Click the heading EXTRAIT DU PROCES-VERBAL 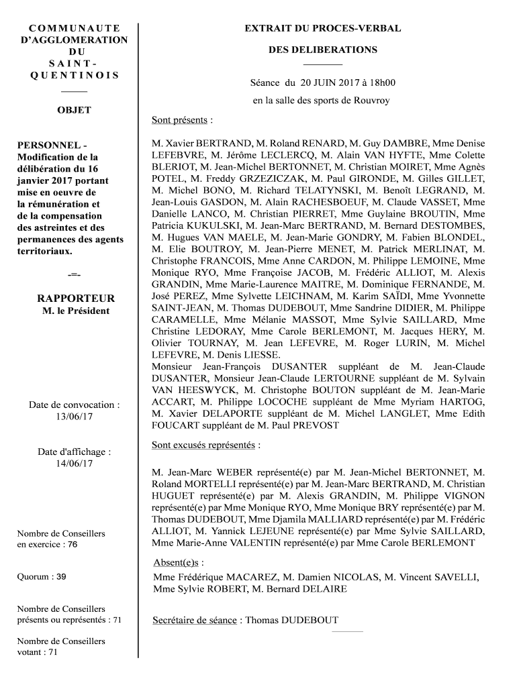pyautogui.click(x=322, y=28)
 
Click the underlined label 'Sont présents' pyautogui.click(x=179, y=121)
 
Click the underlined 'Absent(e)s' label pyautogui.click(x=178, y=562)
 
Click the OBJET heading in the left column pyautogui.click(x=74, y=110)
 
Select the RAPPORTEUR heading pyautogui.click(x=76, y=299)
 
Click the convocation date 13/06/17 pyautogui.click(x=74, y=417)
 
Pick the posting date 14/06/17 pyautogui.click(x=74, y=464)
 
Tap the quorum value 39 pyautogui.click(x=61, y=576)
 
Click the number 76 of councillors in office pyautogui.click(x=73, y=545)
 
